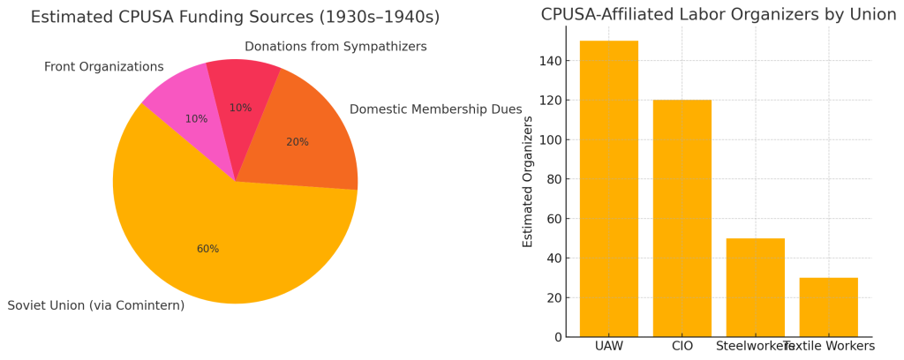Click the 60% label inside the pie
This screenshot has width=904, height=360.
(207, 249)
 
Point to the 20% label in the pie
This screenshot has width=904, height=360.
(298, 142)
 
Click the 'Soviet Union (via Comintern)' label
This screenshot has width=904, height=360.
(96, 305)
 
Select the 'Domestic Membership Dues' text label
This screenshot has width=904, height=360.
(435, 109)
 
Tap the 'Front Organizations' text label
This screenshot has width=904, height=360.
(103, 67)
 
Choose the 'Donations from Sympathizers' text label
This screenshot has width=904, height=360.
(335, 47)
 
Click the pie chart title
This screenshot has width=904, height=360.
(235, 18)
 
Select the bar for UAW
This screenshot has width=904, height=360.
(608, 189)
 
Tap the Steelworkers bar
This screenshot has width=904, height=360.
(755, 288)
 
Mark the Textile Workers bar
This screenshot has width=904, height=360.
(828, 307)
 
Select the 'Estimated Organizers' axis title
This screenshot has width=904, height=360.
(528, 181)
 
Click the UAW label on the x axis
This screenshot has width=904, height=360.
(608, 346)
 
